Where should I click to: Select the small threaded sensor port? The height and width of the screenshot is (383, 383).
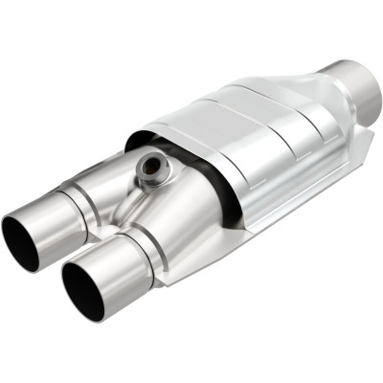151,169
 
